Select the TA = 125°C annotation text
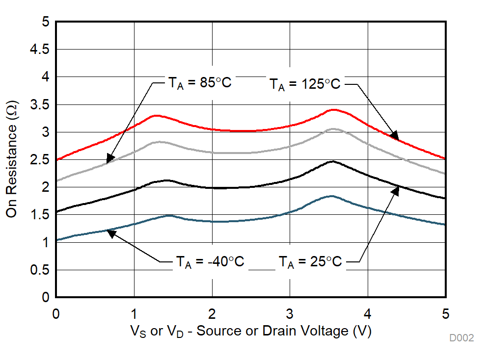304,84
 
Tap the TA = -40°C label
210,262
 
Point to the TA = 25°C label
310,262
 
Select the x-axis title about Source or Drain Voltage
250,332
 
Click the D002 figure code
461,338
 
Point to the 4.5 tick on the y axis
40,50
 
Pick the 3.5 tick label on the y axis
40,104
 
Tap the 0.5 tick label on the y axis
40,270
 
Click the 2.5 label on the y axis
40,160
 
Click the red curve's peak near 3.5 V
334,109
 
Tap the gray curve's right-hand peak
333,129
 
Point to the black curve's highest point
332,161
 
